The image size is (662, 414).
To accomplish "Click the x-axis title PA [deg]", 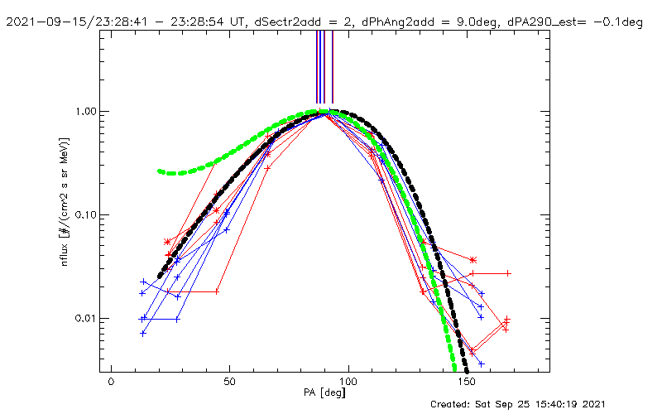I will click(329, 395).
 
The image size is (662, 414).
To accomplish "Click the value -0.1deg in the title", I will click(615, 22).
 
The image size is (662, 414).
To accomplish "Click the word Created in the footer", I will click(453, 404).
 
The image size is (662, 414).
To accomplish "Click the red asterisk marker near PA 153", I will click(473, 260).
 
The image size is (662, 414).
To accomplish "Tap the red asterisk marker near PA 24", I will click(168, 241).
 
